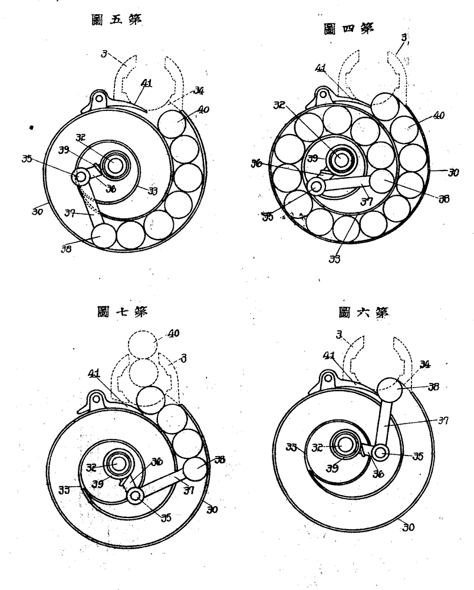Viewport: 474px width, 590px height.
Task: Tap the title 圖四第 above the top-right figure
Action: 349,29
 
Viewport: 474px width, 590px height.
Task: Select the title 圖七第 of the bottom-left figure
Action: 123,310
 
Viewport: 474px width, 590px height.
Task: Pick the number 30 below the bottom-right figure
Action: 407,527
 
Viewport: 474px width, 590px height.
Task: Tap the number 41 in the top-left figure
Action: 146,83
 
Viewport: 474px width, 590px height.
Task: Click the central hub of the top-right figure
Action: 340,159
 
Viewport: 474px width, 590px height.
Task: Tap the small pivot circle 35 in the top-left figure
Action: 79,176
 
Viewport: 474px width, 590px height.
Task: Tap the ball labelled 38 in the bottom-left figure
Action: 195,470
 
